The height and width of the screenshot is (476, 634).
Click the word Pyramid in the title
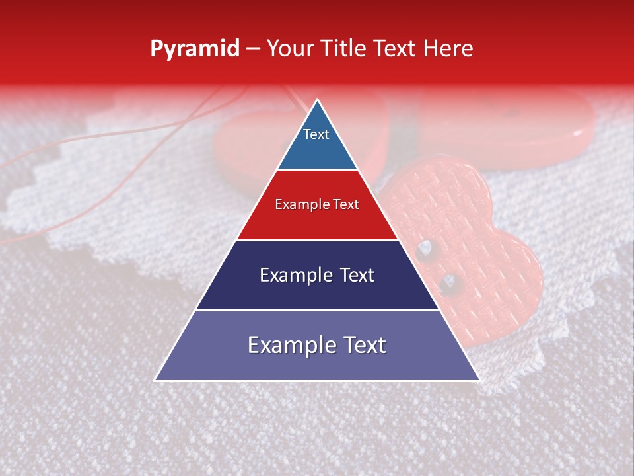point(194,49)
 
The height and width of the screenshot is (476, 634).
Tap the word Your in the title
point(291,49)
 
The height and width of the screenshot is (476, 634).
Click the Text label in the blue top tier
point(316,134)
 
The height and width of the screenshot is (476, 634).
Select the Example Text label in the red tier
point(317,204)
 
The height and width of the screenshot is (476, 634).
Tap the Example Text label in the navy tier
point(317,275)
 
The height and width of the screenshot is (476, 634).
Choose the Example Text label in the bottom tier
point(317,345)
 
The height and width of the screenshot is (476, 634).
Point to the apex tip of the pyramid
point(318,100)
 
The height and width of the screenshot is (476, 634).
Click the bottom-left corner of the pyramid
point(155,380)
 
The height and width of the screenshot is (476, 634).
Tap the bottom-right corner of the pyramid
point(479,380)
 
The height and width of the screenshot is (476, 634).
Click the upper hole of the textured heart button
point(425,249)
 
